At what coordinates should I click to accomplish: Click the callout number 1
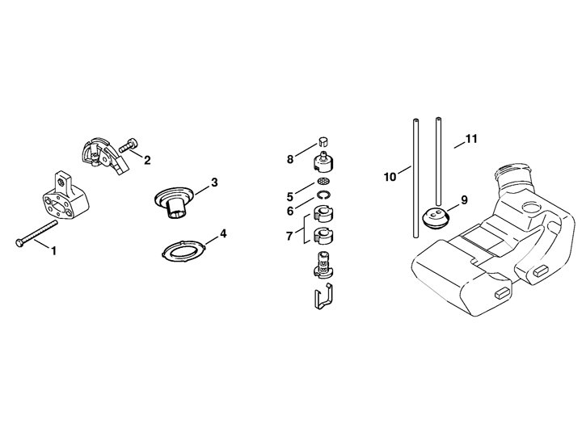tap(54, 250)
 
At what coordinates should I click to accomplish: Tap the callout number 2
tap(147, 159)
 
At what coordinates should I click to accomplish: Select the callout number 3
tap(214, 183)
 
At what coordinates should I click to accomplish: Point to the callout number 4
tap(223, 234)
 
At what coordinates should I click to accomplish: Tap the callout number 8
tap(289, 159)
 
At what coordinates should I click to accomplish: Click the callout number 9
tap(463, 199)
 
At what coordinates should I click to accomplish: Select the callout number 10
tap(390, 176)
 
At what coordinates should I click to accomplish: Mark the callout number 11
tap(471, 139)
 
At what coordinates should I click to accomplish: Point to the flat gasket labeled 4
tap(179, 247)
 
